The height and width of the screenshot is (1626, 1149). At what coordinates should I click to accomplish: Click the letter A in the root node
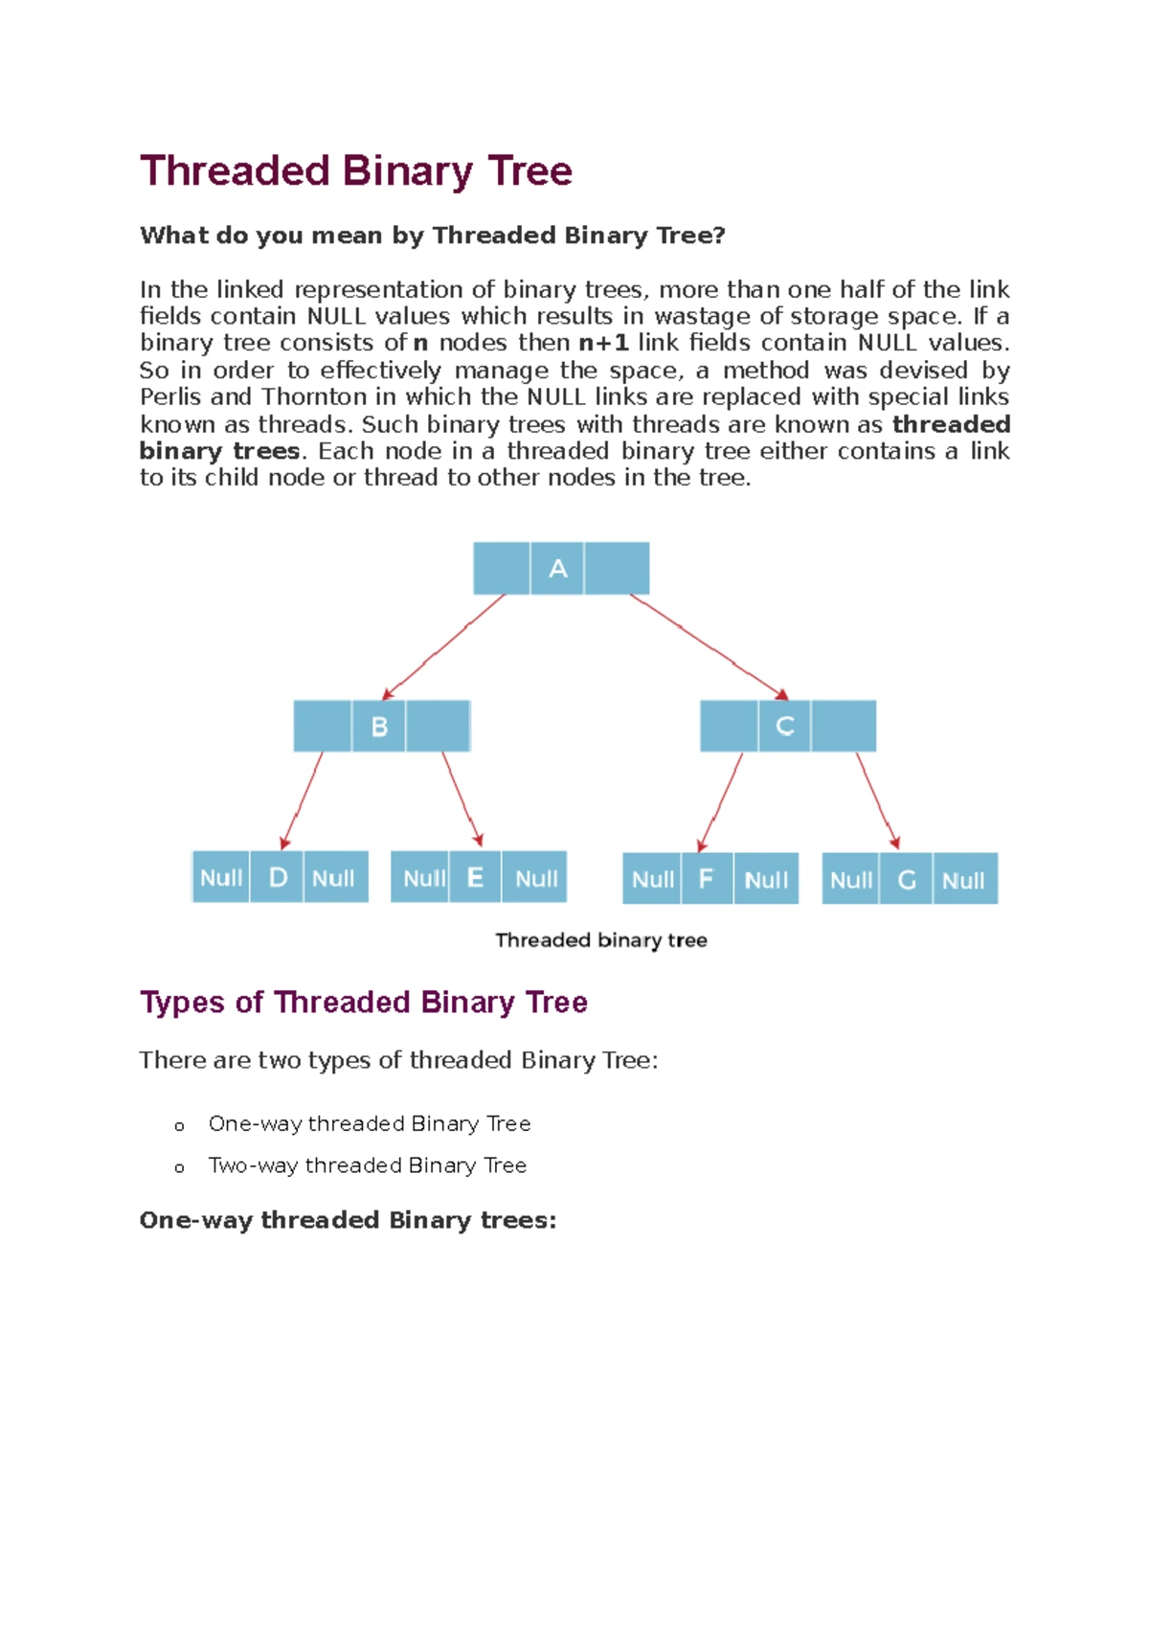[x=557, y=569]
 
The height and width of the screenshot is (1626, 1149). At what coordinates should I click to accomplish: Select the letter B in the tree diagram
[x=379, y=727]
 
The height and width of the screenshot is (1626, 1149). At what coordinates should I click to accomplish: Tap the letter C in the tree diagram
[x=785, y=727]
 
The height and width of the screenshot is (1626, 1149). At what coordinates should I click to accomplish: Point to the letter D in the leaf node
[x=278, y=877]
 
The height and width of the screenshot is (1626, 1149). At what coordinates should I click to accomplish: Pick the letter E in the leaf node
[x=475, y=877]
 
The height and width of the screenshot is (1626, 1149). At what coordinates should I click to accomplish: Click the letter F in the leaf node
[x=707, y=879]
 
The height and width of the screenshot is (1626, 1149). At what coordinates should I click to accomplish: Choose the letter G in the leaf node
[x=907, y=879]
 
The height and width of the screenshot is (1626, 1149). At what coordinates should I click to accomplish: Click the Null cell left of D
[x=221, y=877]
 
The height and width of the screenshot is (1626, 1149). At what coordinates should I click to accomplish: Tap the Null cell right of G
[x=963, y=880]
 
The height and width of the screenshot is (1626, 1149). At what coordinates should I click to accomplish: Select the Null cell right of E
[x=536, y=877]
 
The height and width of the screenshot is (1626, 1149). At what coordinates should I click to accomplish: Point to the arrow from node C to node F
[x=720, y=802]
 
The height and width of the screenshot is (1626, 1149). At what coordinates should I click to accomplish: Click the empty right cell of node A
[x=617, y=569]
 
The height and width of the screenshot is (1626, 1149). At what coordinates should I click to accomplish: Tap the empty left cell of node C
[x=730, y=727]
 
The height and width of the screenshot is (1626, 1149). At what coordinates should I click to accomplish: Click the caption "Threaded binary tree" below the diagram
[x=600, y=940]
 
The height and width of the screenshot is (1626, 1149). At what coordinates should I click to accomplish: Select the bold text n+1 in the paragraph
[x=603, y=343]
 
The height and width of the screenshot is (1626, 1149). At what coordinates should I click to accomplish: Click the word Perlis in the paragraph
[x=170, y=396]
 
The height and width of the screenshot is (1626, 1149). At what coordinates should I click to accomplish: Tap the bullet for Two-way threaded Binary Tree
[x=179, y=1167]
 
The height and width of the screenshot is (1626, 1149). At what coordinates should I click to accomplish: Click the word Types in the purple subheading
[x=183, y=1002]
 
